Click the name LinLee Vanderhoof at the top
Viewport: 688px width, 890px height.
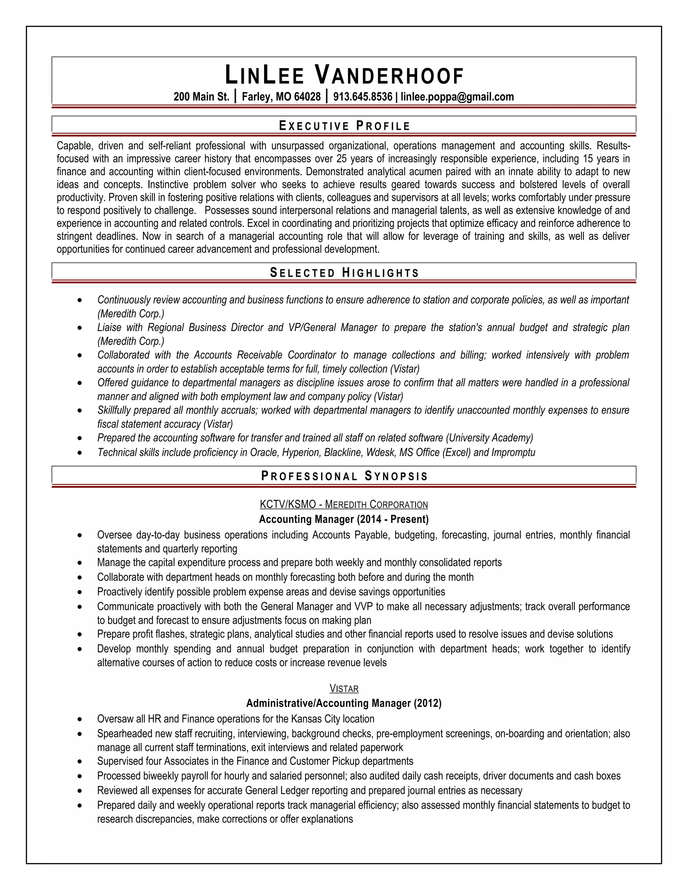(344, 76)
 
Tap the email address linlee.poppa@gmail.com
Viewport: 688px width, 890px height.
(457, 97)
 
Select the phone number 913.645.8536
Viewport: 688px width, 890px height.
(362, 97)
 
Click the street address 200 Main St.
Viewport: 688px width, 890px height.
(201, 97)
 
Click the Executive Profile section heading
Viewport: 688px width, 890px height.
(344, 126)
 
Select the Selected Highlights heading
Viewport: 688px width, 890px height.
(344, 273)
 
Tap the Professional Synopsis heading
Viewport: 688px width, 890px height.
(344, 476)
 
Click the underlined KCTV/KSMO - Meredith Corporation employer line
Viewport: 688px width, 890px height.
(344, 504)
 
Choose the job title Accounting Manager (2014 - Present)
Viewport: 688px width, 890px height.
(344, 519)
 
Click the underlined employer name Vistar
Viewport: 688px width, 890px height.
(344, 689)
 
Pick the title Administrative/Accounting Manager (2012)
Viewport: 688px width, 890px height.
(344, 703)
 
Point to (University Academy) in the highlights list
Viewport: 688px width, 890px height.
(489, 438)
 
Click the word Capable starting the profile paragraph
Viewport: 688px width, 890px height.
(73, 146)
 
